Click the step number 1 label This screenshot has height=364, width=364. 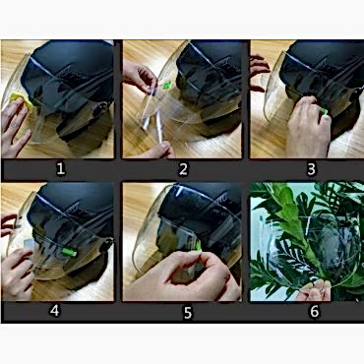pos(60,169)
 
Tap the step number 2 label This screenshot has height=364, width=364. pos(183,169)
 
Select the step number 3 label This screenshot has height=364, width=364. pos(311,169)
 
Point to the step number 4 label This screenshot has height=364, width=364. pos(54,311)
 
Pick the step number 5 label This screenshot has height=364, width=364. pos(187,313)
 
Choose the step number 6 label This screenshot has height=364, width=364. pos(314,311)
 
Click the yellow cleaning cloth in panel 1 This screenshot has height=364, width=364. pos(22,99)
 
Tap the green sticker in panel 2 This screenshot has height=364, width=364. pos(167,86)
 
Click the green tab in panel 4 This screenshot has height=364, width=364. pos(69,252)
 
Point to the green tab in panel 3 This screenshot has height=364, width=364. pos(324,111)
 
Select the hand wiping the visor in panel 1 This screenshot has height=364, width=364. pos(15,128)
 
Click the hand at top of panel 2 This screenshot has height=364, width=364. pos(140,76)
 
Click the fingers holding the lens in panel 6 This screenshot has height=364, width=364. pos(314,290)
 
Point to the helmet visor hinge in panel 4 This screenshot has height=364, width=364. pos(107,244)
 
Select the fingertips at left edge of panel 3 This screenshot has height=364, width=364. pos(259,72)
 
